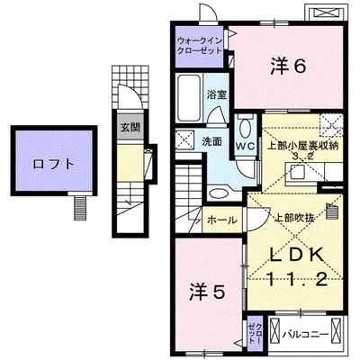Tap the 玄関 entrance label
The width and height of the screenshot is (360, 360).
pyautogui.click(x=130, y=127)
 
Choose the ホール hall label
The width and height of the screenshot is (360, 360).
pyautogui.click(x=220, y=219)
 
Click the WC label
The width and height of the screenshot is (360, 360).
pyautogui.click(x=246, y=144)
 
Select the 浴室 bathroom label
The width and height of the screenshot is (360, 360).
pyautogui.click(x=215, y=94)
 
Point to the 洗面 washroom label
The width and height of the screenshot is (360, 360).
pyautogui.click(x=212, y=142)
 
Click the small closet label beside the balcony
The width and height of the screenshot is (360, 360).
pyautogui.click(x=253, y=329)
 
